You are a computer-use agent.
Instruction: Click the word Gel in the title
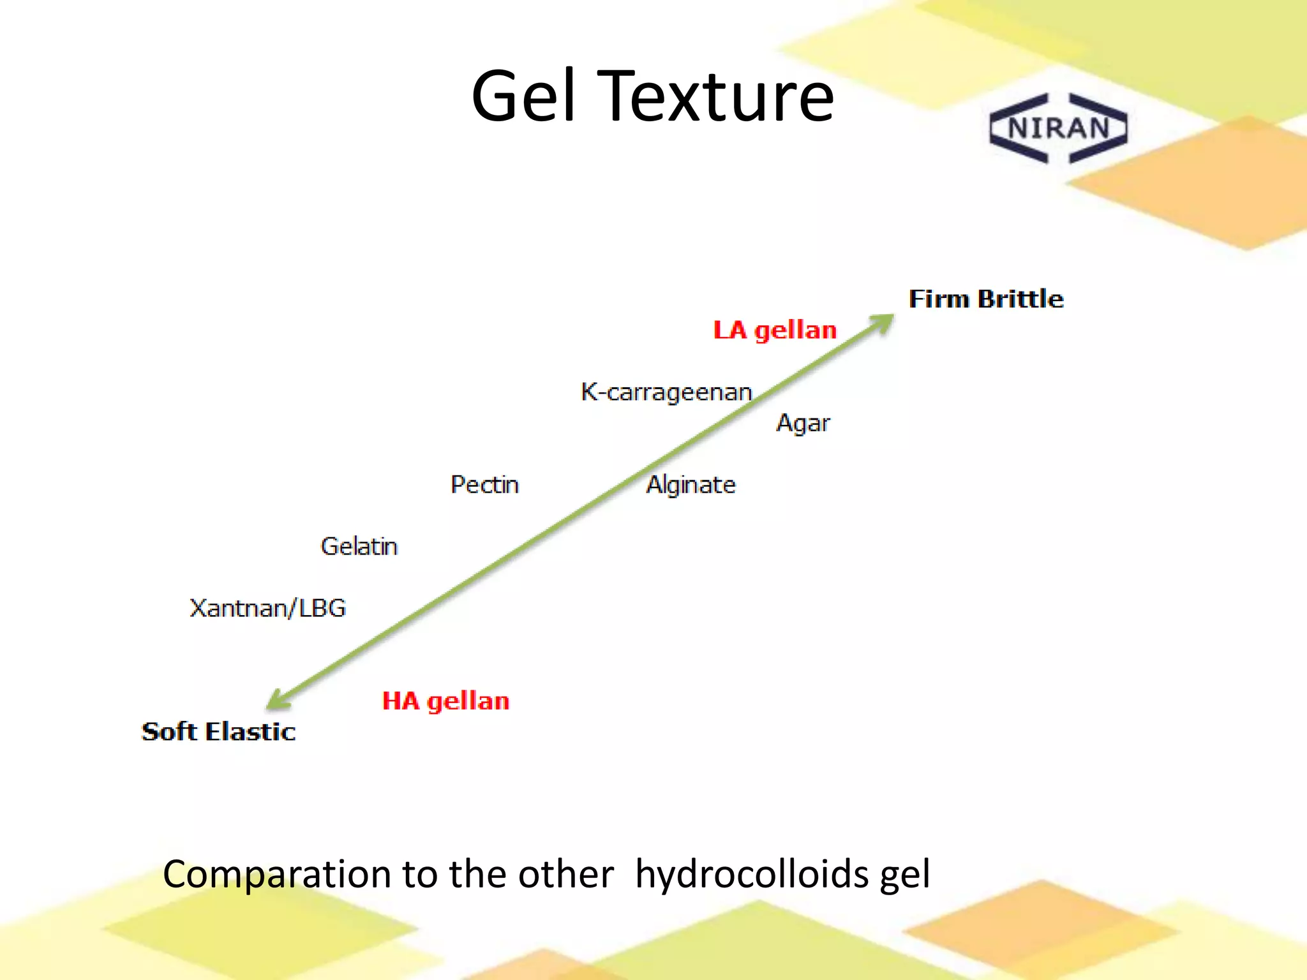(524, 97)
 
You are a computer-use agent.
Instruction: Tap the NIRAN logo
(1059, 128)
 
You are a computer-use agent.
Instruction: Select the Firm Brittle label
(986, 299)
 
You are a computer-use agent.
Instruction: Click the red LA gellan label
(775, 330)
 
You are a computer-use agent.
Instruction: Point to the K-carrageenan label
(666, 392)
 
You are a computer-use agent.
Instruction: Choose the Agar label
(803, 423)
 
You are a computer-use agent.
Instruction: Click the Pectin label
(484, 485)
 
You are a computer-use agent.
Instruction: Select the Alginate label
(691, 485)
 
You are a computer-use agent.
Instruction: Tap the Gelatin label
(359, 547)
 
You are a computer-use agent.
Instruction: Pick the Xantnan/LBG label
(267, 608)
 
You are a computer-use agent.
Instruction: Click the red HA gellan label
(445, 701)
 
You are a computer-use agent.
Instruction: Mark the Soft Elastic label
(218, 732)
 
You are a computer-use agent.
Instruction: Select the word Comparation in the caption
(276, 874)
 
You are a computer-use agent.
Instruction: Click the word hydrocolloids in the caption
(752, 874)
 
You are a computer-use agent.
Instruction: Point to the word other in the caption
(565, 874)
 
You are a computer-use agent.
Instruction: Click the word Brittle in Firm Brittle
(1020, 299)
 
